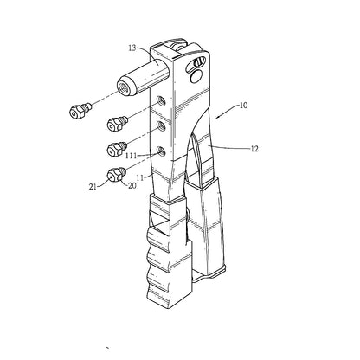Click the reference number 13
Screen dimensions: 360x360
(x=132, y=48)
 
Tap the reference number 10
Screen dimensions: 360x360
(x=243, y=106)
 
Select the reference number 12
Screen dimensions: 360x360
(x=254, y=149)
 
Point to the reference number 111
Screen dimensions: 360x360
(x=132, y=156)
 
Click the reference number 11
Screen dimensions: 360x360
(x=140, y=178)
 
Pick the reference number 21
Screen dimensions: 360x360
(x=93, y=187)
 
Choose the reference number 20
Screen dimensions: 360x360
(x=132, y=186)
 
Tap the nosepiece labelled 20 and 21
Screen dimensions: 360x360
(x=116, y=174)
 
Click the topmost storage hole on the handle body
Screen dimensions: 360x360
(x=160, y=100)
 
